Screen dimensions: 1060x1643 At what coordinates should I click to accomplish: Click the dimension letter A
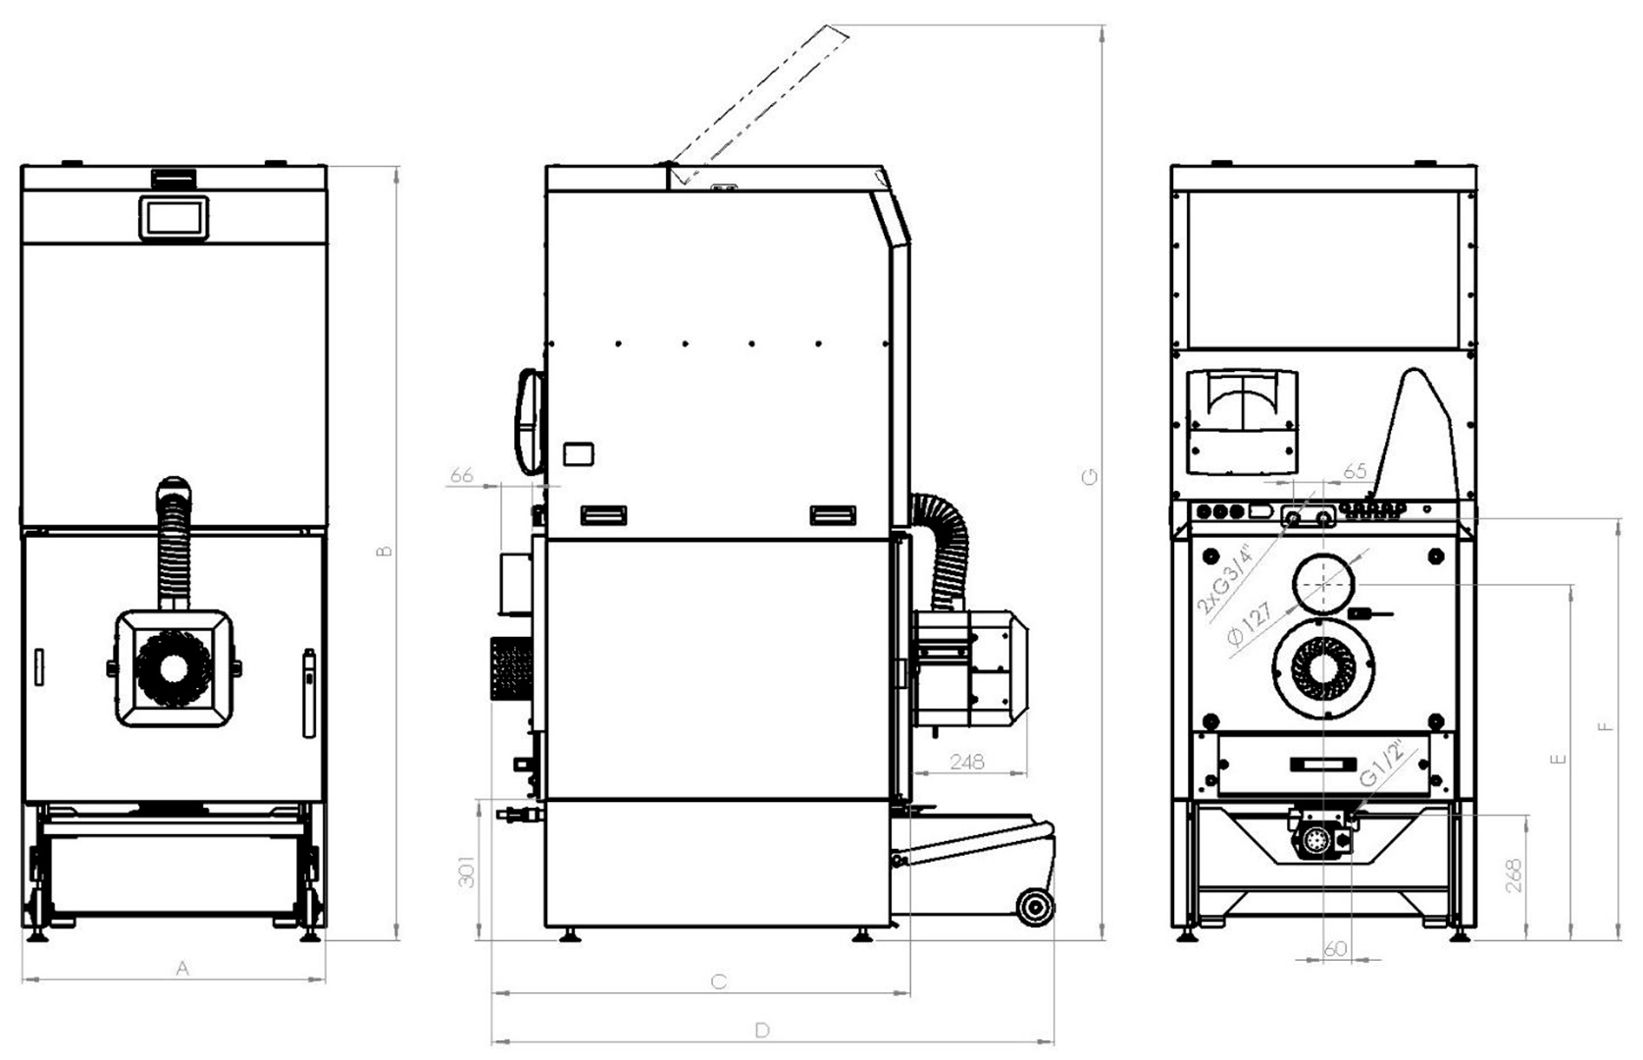(182, 969)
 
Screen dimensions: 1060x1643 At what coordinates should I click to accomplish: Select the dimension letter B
(385, 551)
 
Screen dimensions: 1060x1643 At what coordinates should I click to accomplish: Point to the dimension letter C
(719, 981)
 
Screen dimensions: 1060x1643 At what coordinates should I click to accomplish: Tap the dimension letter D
(763, 1031)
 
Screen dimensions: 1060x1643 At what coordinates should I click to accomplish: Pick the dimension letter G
(1090, 477)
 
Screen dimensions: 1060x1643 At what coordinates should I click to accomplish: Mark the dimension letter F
(1605, 727)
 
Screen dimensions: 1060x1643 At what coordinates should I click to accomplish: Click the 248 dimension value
(967, 762)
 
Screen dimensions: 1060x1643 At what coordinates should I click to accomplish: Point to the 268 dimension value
(1513, 874)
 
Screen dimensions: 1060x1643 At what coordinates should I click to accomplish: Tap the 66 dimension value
(461, 476)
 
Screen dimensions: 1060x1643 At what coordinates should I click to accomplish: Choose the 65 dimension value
(1355, 472)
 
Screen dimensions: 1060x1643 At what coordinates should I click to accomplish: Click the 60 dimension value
(1335, 949)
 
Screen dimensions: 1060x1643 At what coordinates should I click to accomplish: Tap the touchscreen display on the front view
(175, 217)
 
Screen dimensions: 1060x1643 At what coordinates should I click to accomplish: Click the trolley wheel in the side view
(1034, 908)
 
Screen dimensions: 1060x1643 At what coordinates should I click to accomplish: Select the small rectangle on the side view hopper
(578, 453)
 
